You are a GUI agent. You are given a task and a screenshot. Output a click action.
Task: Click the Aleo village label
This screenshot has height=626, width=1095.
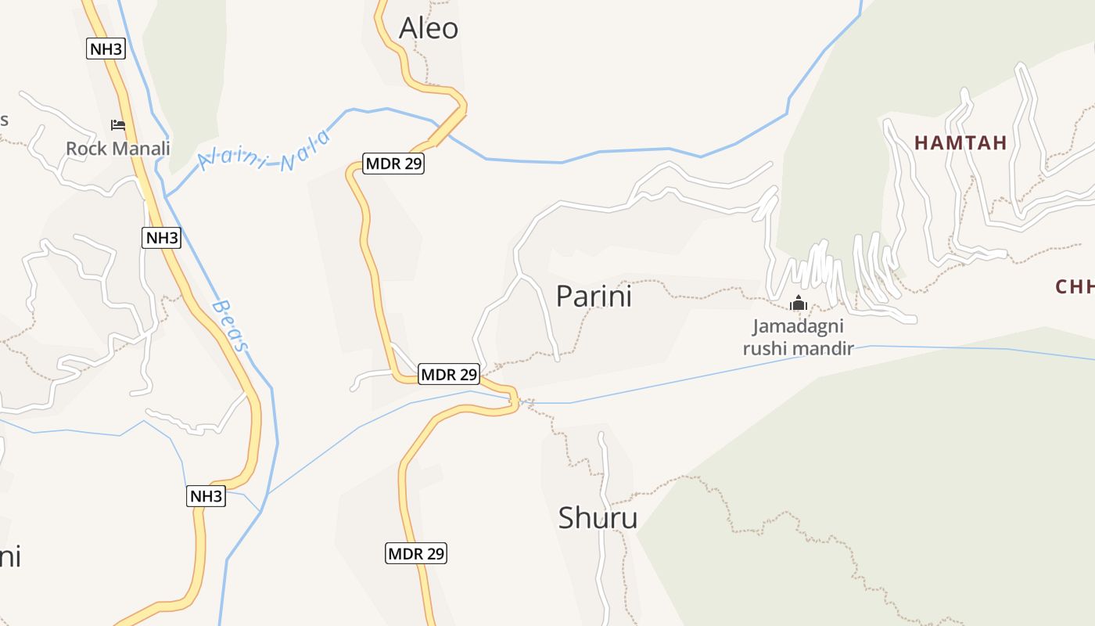coord(429,28)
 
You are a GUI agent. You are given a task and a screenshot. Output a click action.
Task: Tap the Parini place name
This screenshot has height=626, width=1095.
coord(594,296)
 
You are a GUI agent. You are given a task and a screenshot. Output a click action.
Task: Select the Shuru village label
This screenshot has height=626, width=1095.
coord(598,517)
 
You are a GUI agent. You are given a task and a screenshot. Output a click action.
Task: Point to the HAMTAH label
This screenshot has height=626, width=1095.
coord(960,142)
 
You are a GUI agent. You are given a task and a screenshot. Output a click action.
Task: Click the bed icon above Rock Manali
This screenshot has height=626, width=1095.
coord(118,125)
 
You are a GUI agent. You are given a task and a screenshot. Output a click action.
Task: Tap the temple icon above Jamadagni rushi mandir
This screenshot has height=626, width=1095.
coord(798,303)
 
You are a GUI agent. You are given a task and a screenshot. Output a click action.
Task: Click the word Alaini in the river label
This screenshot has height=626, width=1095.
coord(233,156)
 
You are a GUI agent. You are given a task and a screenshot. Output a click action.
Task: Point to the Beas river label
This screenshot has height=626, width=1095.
coord(232,326)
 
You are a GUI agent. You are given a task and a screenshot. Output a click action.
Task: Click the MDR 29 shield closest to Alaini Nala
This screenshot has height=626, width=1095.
coord(393,164)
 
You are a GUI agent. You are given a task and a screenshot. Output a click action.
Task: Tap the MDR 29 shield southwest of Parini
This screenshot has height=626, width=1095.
coord(449,374)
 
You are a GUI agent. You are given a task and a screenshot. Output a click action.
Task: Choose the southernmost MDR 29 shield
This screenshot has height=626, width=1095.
coord(416,553)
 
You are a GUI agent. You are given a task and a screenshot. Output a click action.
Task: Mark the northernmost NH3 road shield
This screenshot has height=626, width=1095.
coord(106,49)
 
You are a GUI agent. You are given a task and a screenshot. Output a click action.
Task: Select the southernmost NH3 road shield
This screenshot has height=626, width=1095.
coord(206,495)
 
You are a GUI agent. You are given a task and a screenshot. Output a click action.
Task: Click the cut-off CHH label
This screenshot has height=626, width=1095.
coord(1075,286)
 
